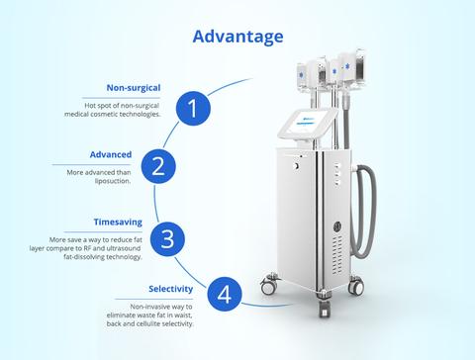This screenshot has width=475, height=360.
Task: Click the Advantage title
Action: point(237,37)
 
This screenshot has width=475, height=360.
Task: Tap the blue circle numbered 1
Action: point(193,109)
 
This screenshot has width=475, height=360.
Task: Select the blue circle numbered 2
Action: point(158,166)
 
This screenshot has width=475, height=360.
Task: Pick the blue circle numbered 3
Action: point(167,239)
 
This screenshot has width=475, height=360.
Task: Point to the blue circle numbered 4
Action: point(225,294)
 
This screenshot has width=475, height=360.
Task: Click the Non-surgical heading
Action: point(134,88)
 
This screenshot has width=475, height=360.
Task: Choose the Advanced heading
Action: point(111,154)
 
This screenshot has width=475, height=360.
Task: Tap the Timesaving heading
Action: point(118,222)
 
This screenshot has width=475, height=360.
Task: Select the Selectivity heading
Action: point(171,289)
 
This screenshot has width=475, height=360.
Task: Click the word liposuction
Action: point(113,181)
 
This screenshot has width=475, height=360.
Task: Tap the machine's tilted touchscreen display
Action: point(308,124)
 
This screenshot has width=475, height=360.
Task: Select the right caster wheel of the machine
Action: point(356,285)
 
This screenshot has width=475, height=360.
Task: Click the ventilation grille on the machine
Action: point(337,254)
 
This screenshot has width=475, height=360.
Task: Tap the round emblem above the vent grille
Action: point(337,226)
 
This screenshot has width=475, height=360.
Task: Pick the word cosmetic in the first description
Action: point(104,115)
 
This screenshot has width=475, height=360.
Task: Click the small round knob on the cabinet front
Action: point(296,166)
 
